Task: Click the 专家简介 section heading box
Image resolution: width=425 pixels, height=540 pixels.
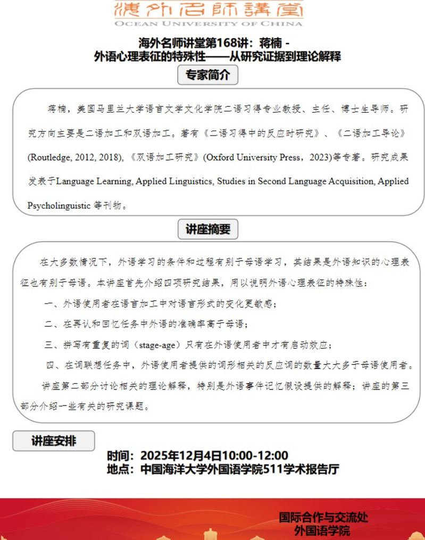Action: (207, 75)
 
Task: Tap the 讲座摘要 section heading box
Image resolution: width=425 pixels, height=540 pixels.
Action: (207, 229)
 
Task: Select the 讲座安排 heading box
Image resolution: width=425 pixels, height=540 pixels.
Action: (54, 441)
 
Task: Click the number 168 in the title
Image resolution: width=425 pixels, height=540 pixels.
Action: (218, 43)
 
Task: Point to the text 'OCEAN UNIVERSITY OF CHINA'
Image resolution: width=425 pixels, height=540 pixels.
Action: (208, 24)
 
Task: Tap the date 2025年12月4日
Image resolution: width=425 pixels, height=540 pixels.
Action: (180, 455)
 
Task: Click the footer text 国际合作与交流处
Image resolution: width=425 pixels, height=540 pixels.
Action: (323, 517)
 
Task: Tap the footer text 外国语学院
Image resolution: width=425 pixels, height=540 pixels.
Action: (323, 530)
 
